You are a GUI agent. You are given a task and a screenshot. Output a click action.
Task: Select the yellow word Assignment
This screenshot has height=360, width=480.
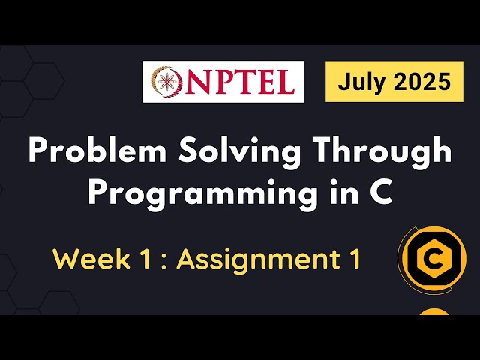pyautogui.click(x=257, y=260)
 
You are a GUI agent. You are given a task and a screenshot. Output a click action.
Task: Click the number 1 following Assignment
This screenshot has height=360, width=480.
pyautogui.click(x=351, y=260)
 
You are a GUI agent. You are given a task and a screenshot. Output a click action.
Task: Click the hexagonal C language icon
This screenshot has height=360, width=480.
pyautogui.click(x=433, y=260)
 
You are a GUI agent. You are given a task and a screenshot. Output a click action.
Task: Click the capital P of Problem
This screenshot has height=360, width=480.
pyautogui.click(x=38, y=153)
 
